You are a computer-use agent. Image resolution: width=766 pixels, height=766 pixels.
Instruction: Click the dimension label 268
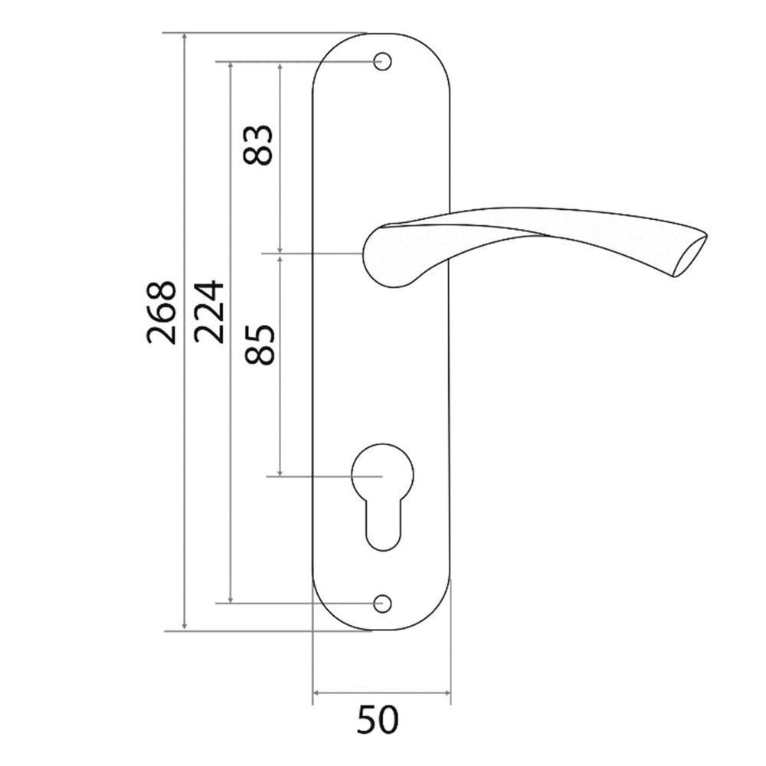162,312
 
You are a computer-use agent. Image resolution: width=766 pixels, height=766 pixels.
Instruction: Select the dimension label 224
208,312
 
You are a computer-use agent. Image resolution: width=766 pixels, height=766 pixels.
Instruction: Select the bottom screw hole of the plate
381,604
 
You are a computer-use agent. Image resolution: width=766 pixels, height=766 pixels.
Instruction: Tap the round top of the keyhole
381,469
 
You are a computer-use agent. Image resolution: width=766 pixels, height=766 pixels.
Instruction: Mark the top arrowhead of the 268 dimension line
185,38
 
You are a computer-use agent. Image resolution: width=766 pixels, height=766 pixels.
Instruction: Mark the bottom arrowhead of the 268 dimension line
185,627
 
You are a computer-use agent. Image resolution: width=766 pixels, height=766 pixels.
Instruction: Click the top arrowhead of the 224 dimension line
231,66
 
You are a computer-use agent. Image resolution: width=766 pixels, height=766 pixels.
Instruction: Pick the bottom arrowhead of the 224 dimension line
231,598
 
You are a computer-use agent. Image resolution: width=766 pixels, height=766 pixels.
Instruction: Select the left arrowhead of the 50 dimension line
318,695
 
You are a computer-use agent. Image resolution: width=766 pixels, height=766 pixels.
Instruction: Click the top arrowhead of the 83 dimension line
281,67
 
